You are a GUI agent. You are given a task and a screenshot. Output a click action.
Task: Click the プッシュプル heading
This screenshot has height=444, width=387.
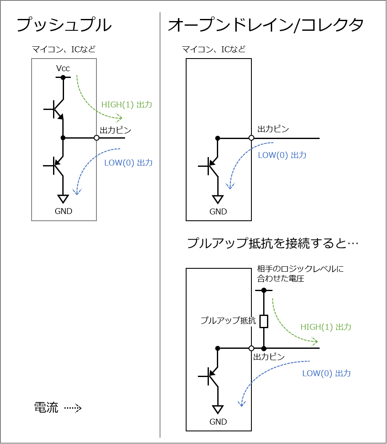pyautogui.click(x=64, y=24)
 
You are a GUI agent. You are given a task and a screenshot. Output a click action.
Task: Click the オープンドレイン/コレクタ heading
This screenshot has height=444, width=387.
pyautogui.click(x=266, y=24)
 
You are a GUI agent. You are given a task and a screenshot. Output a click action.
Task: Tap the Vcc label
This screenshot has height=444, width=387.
pyautogui.click(x=63, y=69)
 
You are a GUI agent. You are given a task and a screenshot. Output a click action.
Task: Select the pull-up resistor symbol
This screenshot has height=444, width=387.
pyautogui.click(x=264, y=321)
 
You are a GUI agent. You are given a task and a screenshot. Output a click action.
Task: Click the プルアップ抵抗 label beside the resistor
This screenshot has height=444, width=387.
pyautogui.click(x=228, y=321)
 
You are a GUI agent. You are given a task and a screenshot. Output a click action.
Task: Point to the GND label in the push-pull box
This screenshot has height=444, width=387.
pyautogui.click(x=64, y=211)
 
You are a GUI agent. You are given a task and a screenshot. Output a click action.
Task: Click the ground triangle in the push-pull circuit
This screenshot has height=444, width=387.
pyautogui.click(x=63, y=199)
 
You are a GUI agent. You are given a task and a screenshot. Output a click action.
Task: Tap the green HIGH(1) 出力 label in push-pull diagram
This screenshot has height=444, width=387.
pyautogui.click(x=127, y=105)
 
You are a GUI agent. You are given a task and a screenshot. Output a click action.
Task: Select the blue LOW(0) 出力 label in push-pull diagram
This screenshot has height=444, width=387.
pyautogui.click(x=128, y=163)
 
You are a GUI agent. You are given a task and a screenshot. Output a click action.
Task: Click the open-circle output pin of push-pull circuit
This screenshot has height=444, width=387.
pyautogui.click(x=96, y=138)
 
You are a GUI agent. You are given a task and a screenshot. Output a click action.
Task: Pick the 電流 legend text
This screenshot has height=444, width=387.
pyautogui.click(x=46, y=408)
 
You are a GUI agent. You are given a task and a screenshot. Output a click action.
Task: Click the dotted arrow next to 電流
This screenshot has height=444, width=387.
pyautogui.click(x=73, y=408)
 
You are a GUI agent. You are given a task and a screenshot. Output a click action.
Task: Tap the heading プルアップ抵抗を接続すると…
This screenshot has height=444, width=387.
pyautogui.click(x=272, y=243)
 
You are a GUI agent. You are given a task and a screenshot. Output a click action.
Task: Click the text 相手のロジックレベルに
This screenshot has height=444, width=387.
pyautogui.click(x=300, y=269)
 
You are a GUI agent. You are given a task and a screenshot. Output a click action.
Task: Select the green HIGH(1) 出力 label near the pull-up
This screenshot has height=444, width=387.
pyautogui.click(x=326, y=327)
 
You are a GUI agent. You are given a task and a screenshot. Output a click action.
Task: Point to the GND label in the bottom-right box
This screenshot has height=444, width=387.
pyautogui.click(x=218, y=422)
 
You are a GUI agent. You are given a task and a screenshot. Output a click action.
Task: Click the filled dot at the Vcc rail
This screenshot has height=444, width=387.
pyautogui.click(x=63, y=78)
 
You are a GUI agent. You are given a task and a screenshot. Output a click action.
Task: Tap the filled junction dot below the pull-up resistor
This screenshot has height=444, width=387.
pyautogui.click(x=264, y=348)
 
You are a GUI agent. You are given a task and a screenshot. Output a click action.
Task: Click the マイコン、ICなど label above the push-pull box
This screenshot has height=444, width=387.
pyautogui.click(x=64, y=49)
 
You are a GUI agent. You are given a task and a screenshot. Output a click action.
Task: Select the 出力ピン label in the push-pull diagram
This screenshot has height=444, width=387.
pyautogui.click(x=115, y=130)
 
